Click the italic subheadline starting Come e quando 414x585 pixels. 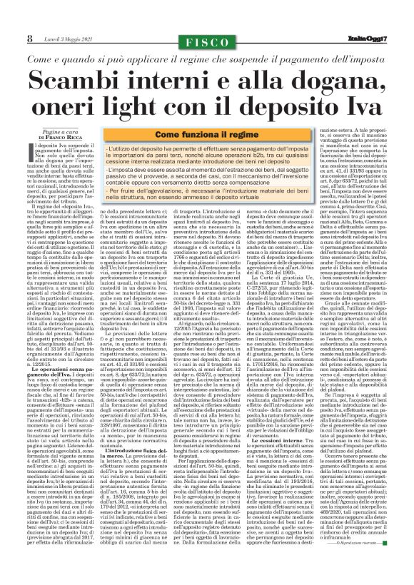tap(206, 57)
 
